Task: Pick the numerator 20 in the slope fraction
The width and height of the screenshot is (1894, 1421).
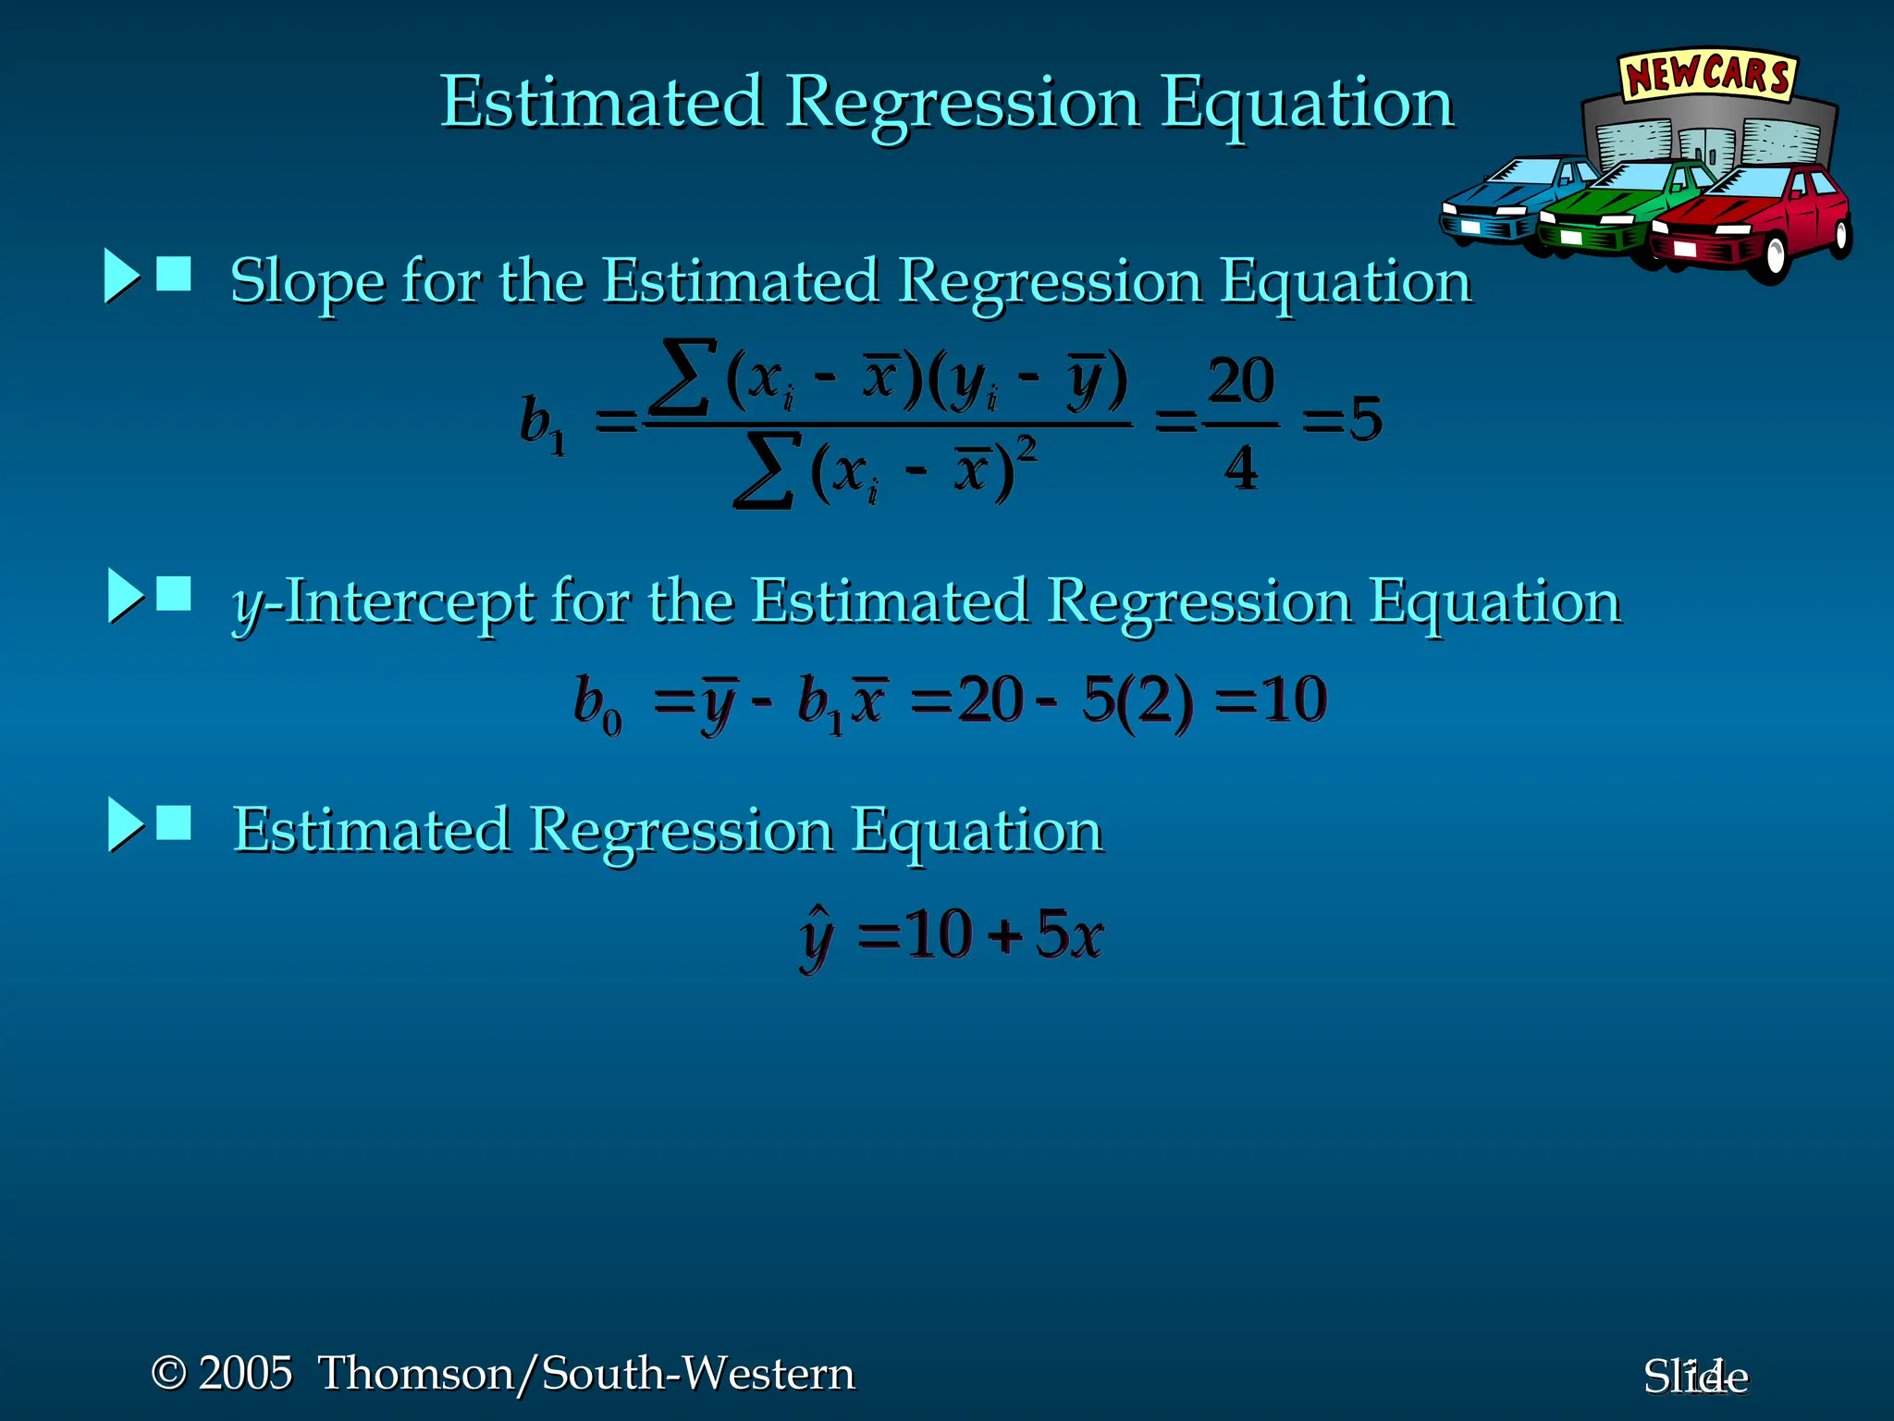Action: [x=1240, y=380]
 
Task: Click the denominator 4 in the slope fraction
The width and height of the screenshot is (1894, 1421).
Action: [x=1240, y=468]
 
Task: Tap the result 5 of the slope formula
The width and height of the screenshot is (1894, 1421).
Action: [x=1365, y=419]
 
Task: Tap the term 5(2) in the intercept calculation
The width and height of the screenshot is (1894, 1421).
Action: [x=1137, y=700]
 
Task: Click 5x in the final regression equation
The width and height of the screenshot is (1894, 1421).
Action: [x=1069, y=934]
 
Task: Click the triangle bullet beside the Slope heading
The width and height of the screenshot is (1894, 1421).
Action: [x=121, y=276]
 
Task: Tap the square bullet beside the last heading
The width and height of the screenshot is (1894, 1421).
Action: [x=174, y=822]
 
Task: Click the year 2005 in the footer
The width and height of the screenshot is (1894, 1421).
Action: [x=245, y=1373]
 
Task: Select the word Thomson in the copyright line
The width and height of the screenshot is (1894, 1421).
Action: [x=415, y=1373]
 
